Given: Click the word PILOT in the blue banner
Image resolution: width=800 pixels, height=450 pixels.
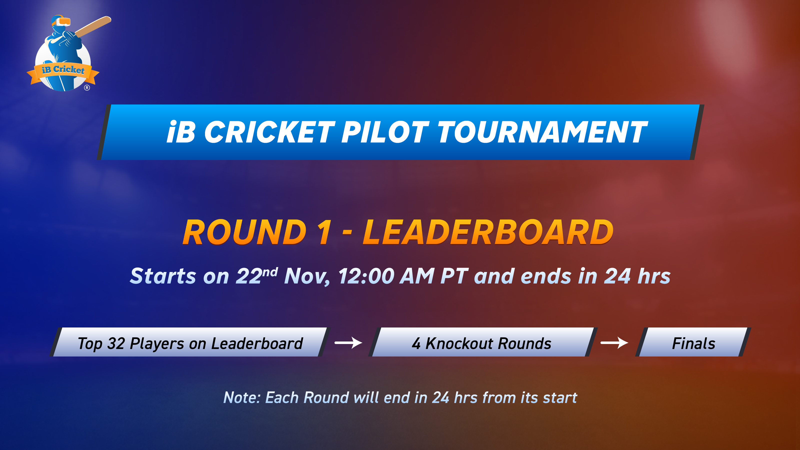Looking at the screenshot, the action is tap(385, 132).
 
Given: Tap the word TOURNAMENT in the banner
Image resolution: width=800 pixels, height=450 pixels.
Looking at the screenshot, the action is tap(543, 132).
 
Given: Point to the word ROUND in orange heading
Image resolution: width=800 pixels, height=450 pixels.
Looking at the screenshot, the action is tap(245, 232).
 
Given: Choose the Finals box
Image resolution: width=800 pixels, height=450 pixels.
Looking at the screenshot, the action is tap(693, 342).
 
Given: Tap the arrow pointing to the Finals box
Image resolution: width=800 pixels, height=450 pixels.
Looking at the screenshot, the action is tap(614, 343).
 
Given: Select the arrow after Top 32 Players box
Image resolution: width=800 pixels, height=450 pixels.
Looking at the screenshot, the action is tap(348, 343).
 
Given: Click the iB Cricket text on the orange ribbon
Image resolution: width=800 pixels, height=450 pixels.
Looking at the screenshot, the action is tap(63, 69).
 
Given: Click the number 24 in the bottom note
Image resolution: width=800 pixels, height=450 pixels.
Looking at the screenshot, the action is tap(441, 398).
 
